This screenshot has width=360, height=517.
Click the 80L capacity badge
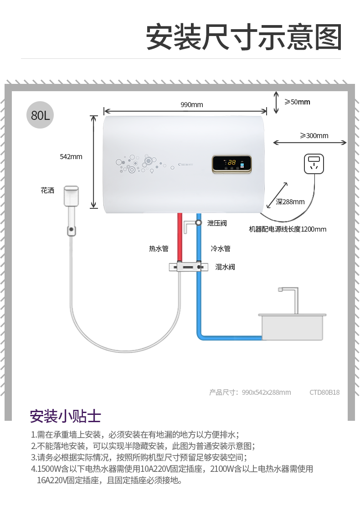point(40,115)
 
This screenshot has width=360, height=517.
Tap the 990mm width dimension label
point(191,105)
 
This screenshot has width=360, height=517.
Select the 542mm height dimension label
point(71,157)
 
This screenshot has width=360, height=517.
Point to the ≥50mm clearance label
point(297,102)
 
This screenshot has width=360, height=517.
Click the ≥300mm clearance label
point(314,135)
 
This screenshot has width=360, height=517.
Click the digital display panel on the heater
point(231,164)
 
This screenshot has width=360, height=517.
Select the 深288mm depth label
point(290,202)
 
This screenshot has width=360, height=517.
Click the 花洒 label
point(47,190)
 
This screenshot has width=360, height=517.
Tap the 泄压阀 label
point(217,223)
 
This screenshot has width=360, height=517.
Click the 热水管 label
point(159,248)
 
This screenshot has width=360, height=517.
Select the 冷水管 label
point(221,248)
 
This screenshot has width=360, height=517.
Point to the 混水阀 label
point(225,267)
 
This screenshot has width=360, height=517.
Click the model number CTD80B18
point(324,392)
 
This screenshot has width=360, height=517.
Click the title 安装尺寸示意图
point(244,37)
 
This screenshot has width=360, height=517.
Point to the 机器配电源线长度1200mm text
point(288,229)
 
